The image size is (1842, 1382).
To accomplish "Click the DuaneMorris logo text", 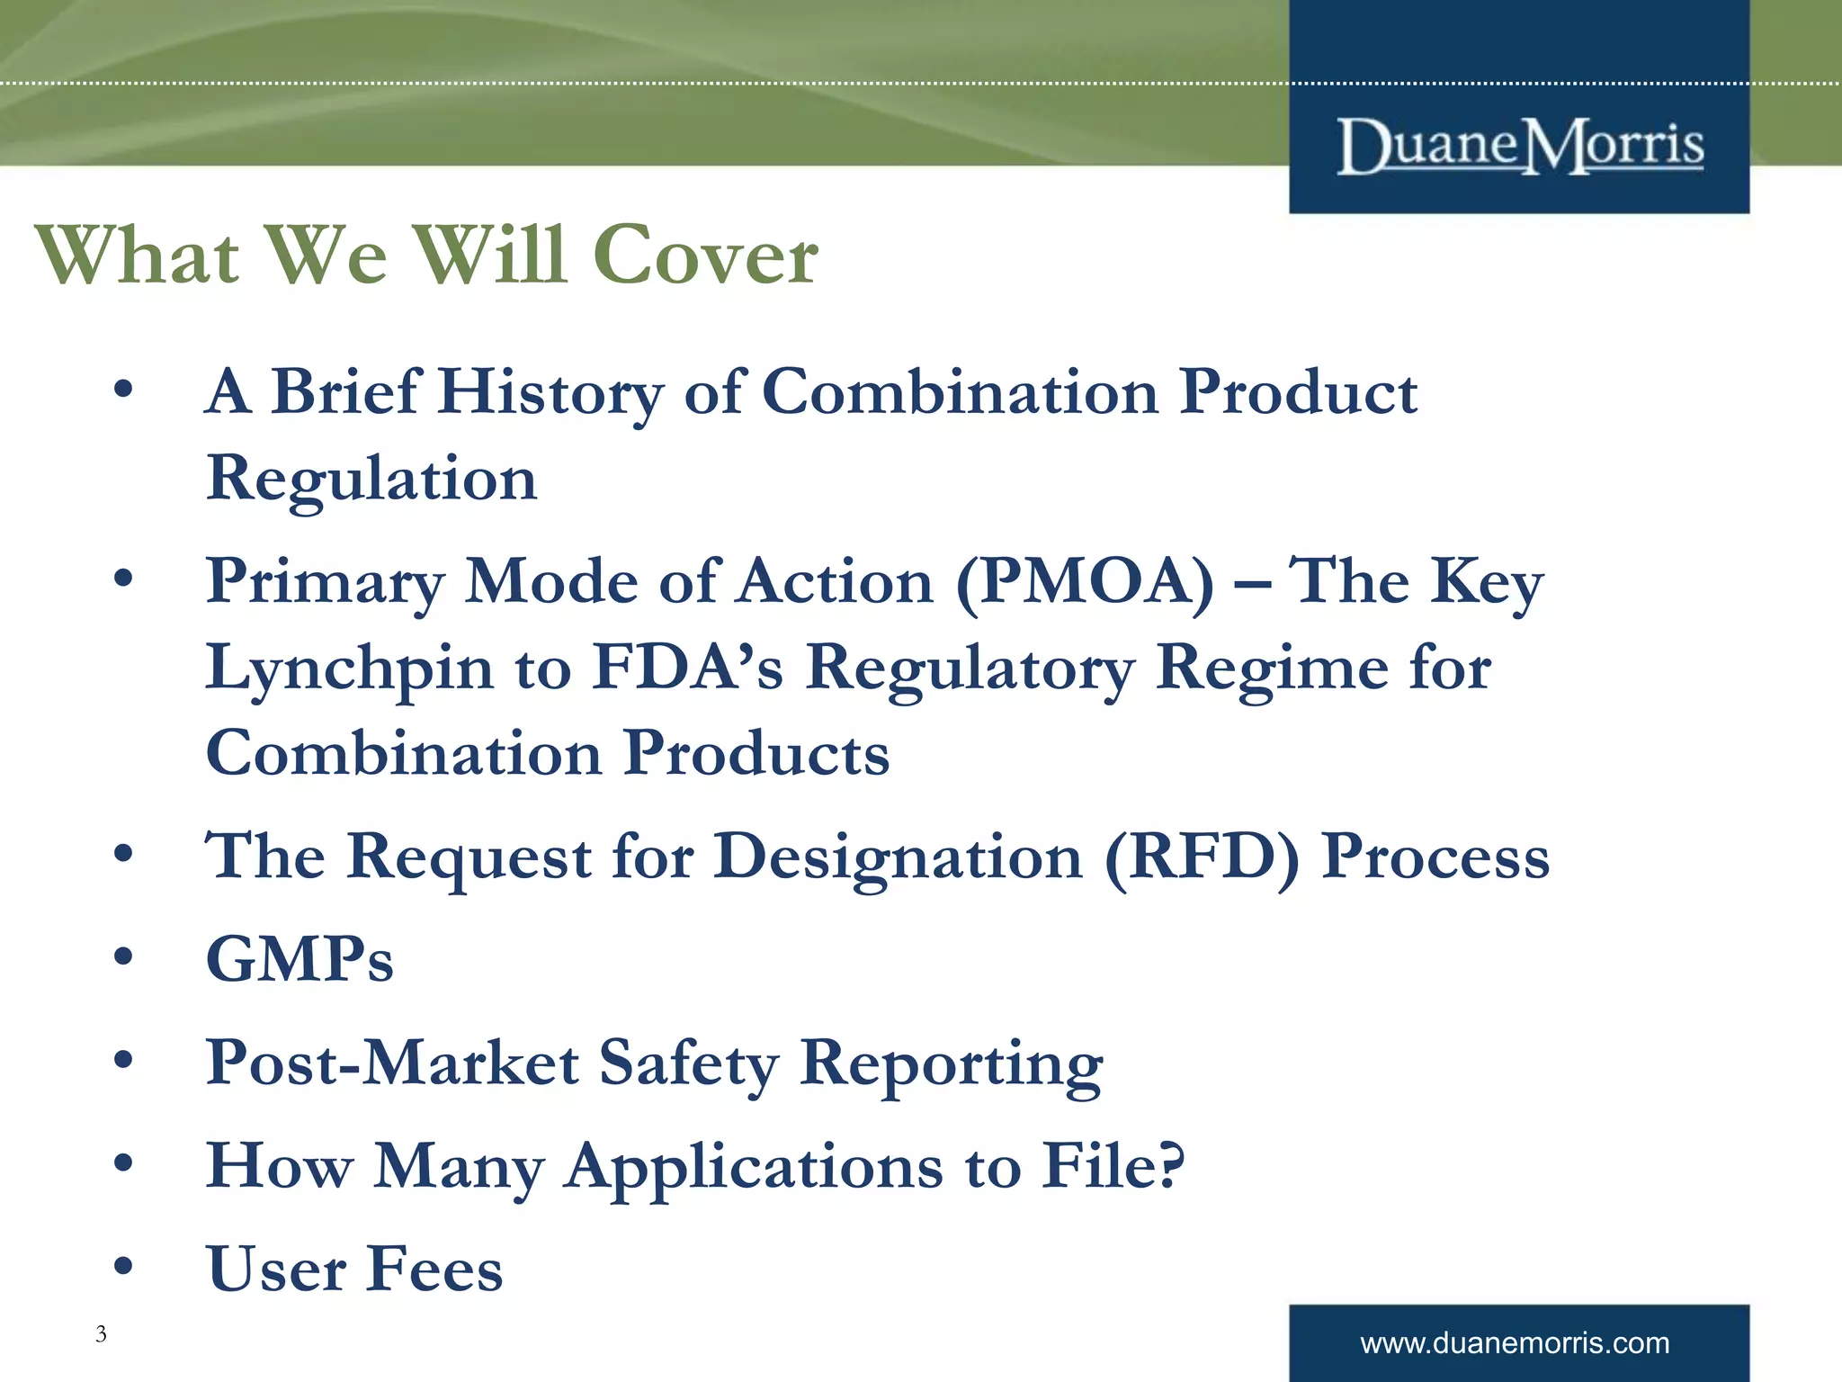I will pos(1519,147).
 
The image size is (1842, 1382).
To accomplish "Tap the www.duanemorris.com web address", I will pos(1515,1343).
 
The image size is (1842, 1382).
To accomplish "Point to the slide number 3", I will pos(101,1333).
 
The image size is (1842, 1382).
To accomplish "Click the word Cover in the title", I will pos(705,256).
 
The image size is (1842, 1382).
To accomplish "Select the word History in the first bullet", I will pos(550,393).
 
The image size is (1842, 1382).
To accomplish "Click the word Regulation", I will pos(371,479).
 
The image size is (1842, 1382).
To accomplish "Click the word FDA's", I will pos(688,668).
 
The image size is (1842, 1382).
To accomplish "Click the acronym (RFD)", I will pos(1202,857).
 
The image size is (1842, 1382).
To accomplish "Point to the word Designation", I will pos(898,857).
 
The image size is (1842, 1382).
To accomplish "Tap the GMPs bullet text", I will pos(300,959).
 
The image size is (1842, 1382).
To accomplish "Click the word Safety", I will pos(689,1063).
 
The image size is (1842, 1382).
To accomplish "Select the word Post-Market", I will pos(392,1063).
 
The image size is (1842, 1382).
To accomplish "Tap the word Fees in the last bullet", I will pos(435,1270).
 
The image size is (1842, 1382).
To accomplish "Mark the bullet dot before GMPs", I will pos(123,956).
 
